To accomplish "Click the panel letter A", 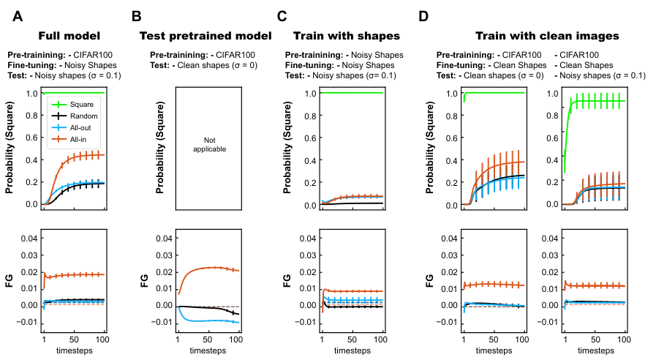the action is pyautogui.click(x=18, y=16).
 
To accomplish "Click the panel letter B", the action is pyautogui.click(x=136, y=16).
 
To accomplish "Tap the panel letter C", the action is pyautogui.click(x=282, y=16).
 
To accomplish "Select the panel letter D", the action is pyautogui.click(x=423, y=16).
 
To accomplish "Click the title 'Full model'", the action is pyautogui.click(x=69, y=36).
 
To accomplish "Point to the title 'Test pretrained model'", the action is pyautogui.click(x=206, y=36).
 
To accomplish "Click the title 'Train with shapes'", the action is pyautogui.click(x=347, y=36).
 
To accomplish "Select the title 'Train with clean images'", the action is pyautogui.click(x=547, y=36).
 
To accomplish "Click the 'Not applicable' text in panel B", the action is pyautogui.click(x=210, y=144).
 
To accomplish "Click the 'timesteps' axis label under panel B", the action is pyautogui.click(x=208, y=350).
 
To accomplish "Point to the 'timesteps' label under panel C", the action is pyautogui.click(x=352, y=350).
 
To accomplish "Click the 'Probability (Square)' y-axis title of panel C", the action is pyautogui.click(x=287, y=148).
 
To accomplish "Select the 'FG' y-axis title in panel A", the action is pyautogui.click(x=10, y=280).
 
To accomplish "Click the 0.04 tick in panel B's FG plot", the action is pyautogui.click(x=164, y=239).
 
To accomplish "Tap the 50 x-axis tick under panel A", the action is pyautogui.click(x=74, y=340).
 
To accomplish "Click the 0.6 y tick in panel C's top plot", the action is pyautogui.click(x=310, y=138).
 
